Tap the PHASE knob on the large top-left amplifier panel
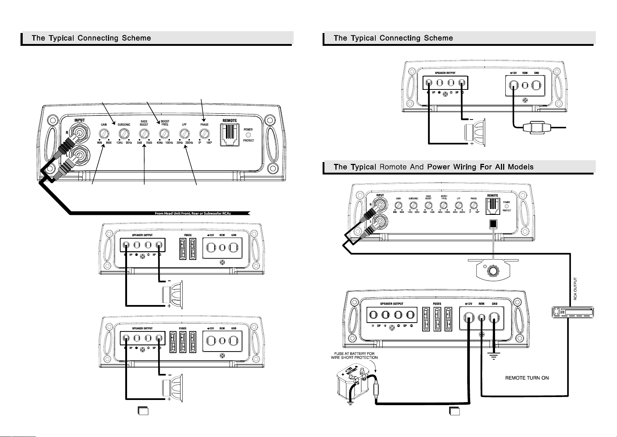(204, 133)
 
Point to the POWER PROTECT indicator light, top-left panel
(248, 135)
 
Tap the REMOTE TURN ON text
(527, 378)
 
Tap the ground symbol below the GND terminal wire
(494, 354)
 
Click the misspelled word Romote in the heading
(393, 167)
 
